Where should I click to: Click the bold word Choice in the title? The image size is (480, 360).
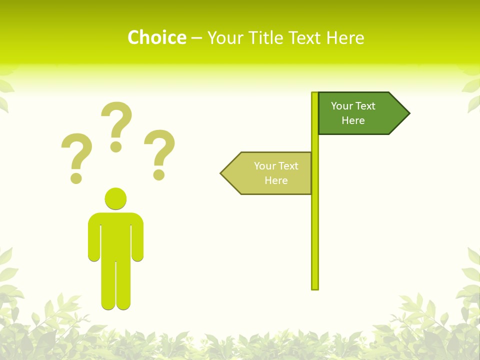pyautogui.click(x=156, y=37)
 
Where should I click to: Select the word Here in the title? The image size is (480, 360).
pyautogui.click(x=345, y=38)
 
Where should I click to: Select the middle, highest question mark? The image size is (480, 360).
pyautogui.click(x=116, y=120)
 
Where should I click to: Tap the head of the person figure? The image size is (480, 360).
pyautogui.click(x=115, y=198)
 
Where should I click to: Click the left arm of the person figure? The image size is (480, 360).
pyautogui.click(x=93, y=240)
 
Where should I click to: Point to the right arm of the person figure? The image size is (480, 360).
pyautogui.click(x=138, y=240)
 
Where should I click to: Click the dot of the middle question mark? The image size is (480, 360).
pyautogui.click(x=116, y=146)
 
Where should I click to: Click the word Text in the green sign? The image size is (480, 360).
pyautogui.click(x=365, y=106)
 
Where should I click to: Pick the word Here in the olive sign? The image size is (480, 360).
pyautogui.click(x=276, y=180)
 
